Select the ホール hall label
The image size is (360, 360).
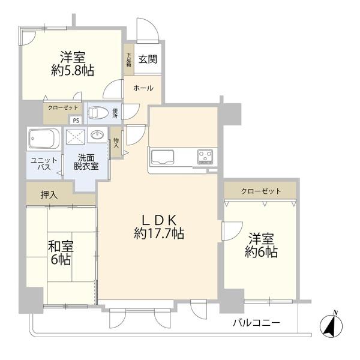tap(143, 88)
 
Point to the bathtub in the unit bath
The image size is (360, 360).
tap(43, 140)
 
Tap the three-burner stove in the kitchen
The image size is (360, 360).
tap(205, 157)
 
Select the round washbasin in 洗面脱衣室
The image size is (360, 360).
tap(96, 136)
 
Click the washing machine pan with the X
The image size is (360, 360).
tap(75, 136)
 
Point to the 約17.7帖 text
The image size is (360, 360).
tap(158, 234)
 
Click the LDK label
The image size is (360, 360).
tap(158, 219)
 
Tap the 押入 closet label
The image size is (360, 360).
tap(49, 194)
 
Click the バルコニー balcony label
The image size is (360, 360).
tap(256, 323)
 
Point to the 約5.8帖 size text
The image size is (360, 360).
tap(72, 71)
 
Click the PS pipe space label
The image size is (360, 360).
tap(76, 120)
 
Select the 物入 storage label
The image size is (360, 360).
tap(116, 143)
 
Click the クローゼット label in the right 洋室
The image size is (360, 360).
tap(260, 191)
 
